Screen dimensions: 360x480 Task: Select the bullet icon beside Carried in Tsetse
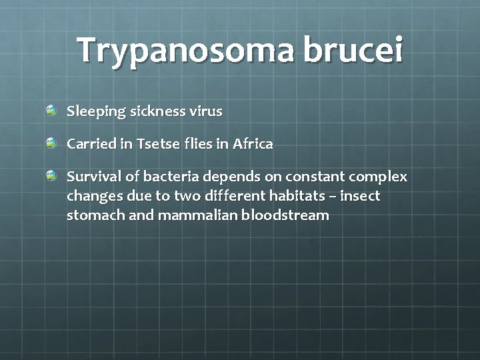click(52, 143)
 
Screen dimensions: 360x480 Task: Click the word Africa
click(253, 143)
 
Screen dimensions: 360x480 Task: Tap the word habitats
click(307, 196)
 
